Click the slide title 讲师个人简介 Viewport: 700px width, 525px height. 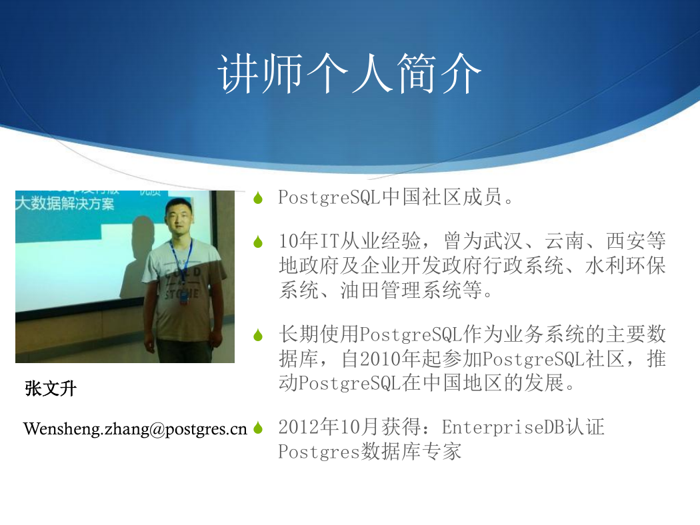349,73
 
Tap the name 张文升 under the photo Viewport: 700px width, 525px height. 51,388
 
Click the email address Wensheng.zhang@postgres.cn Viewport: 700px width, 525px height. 135,428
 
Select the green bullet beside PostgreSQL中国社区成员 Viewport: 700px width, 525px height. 257,198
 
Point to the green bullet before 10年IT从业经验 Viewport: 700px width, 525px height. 257,241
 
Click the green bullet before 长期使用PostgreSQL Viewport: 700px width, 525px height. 257,334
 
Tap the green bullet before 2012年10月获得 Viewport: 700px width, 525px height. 257,428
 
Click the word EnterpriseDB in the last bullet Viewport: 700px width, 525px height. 503,427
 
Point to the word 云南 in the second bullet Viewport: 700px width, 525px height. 564,241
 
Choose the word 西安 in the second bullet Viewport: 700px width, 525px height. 625,241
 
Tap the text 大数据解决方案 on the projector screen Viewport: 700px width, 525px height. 65,203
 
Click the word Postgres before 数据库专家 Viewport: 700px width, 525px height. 319,452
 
